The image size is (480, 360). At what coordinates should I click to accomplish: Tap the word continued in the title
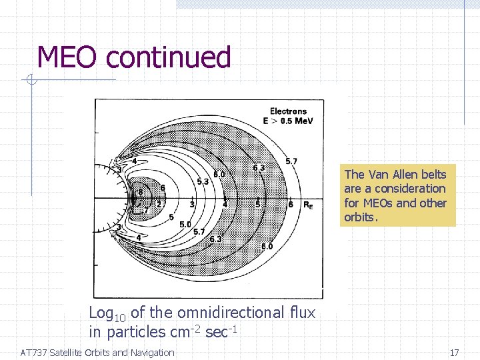tap(168, 57)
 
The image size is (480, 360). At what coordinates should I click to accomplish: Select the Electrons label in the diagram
tap(288, 111)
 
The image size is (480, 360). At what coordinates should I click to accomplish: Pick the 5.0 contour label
tap(185, 225)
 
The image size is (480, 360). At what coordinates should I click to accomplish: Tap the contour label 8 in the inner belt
tap(141, 192)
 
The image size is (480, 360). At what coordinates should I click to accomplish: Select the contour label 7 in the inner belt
tap(147, 210)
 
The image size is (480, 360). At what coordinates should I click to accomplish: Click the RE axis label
tap(308, 205)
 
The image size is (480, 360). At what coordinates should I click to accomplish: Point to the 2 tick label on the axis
tap(159, 204)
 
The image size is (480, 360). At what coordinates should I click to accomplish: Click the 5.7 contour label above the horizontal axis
tap(291, 161)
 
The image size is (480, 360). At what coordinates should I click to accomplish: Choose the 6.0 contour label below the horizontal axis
tap(267, 247)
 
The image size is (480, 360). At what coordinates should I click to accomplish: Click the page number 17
tap(454, 353)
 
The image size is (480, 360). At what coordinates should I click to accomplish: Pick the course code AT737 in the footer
tap(34, 353)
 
